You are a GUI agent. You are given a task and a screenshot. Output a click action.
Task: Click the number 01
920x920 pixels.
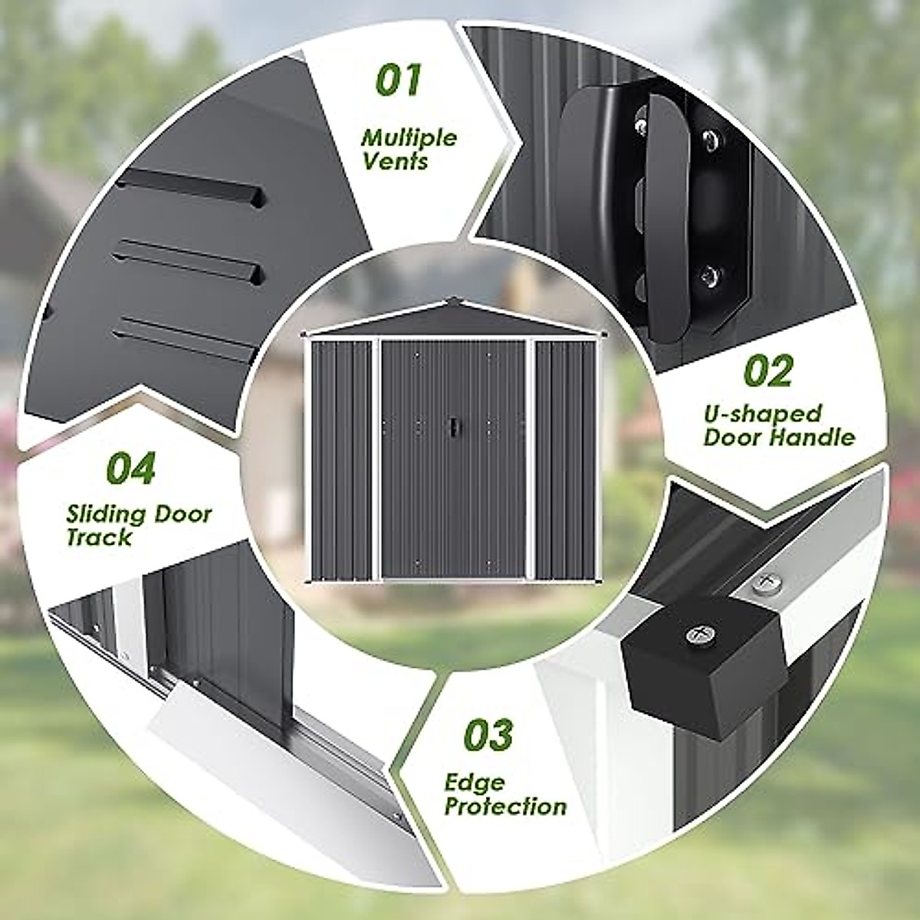[399, 81]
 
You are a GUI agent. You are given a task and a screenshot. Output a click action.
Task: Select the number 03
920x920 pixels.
[488, 734]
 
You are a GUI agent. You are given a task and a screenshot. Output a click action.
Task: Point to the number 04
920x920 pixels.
[130, 468]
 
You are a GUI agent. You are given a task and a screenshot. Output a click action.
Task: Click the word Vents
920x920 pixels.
[396, 162]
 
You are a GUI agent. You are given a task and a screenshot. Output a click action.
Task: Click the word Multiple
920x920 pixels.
[409, 138]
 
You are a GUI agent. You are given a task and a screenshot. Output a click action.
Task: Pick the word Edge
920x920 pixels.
[475, 783]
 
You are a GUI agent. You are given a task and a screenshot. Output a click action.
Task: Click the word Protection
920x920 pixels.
[506, 807]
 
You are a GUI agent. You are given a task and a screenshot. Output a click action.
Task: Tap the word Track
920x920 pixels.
[99, 537]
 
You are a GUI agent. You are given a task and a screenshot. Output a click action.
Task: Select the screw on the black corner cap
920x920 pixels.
[698, 633]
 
